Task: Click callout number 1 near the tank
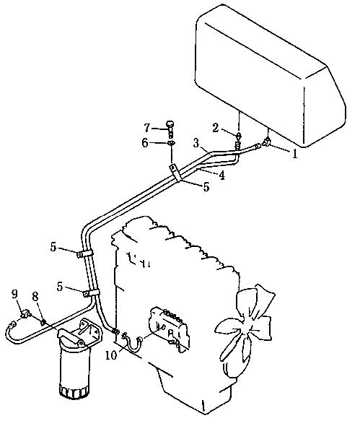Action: point(295,154)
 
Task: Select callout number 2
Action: point(216,128)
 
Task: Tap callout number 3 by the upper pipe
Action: point(196,144)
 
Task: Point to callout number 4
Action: point(222,175)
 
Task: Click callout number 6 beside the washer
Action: point(145,143)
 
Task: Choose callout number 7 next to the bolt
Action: point(147,128)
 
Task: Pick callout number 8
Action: point(35,297)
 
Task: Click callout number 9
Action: point(14,294)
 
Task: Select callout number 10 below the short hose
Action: point(111,355)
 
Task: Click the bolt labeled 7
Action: point(170,127)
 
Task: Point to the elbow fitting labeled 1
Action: point(267,142)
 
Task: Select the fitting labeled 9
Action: point(25,314)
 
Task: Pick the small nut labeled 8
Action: point(43,322)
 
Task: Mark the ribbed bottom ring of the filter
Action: point(74,392)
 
